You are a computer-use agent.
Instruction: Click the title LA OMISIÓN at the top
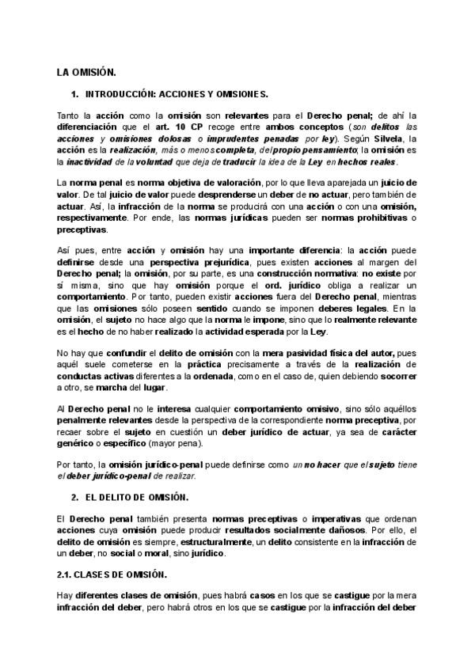click(x=85, y=72)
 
